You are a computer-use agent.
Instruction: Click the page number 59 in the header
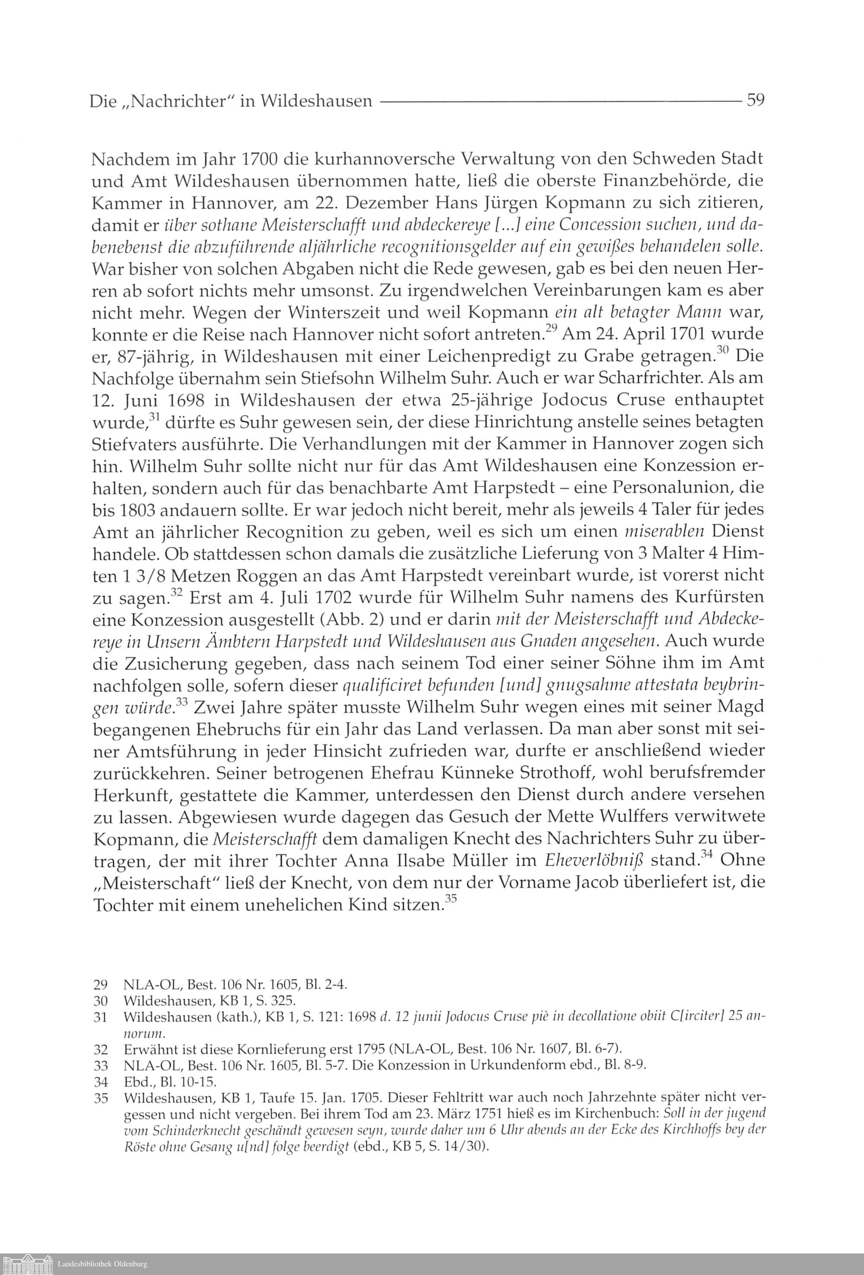tap(755, 101)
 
